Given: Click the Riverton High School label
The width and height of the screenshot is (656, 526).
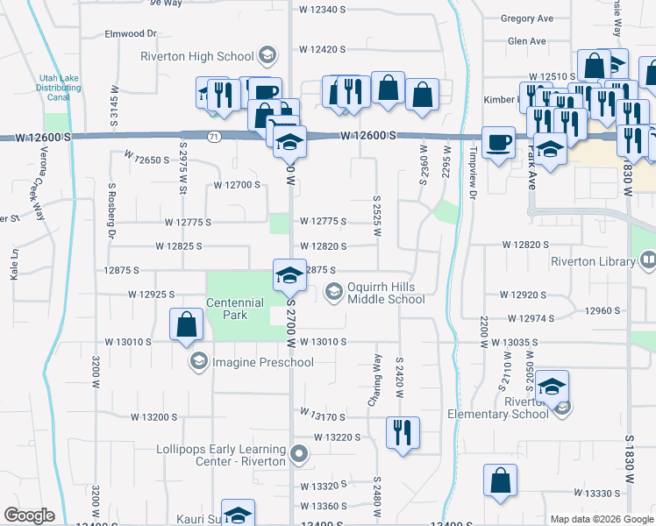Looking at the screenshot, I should [x=197, y=57].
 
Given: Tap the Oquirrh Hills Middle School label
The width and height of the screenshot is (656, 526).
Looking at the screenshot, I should [x=386, y=293].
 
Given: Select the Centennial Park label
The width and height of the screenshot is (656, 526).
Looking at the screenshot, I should [x=235, y=309].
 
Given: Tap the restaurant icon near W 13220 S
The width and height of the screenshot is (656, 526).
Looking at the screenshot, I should [x=403, y=432].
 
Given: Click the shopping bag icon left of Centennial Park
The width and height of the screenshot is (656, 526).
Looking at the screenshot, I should [x=187, y=325].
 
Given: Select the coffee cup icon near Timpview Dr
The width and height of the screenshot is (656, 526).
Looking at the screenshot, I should [x=499, y=142].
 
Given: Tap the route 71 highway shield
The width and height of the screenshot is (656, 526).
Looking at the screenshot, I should [x=215, y=136].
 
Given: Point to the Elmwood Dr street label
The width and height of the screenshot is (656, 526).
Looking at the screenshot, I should [x=130, y=33].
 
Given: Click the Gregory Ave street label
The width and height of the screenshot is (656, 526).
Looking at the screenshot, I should [x=526, y=18].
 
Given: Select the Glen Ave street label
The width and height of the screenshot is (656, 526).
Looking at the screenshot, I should [x=526, y=41].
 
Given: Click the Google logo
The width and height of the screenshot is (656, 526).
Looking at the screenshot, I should [x=29, y=515].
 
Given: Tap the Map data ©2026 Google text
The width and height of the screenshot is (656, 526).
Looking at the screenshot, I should [x=601, y=519].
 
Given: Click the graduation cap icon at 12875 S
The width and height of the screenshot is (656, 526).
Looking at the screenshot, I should [x=289, y=274].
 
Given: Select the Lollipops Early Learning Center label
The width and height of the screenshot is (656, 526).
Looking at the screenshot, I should [x=221, y=455].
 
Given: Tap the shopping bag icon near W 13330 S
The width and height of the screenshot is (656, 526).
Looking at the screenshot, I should [x=499, y=480].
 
